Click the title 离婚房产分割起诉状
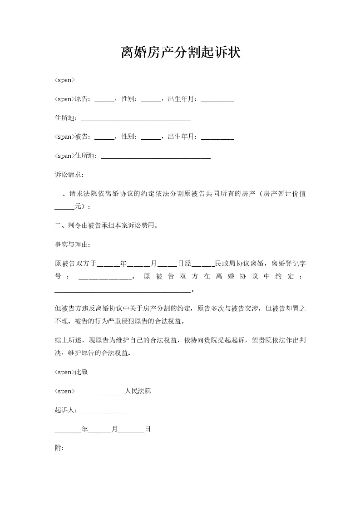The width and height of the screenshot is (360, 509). [x=180, y=53]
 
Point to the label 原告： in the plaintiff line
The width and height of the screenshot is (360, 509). [x=83, y=99]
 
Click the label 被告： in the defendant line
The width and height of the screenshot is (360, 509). [x=83, y=137]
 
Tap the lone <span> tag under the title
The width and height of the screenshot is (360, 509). [x=64, y=80]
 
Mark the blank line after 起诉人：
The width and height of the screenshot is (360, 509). [x=104, y=411]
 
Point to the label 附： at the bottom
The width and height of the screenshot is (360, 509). [x=59, y=448]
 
